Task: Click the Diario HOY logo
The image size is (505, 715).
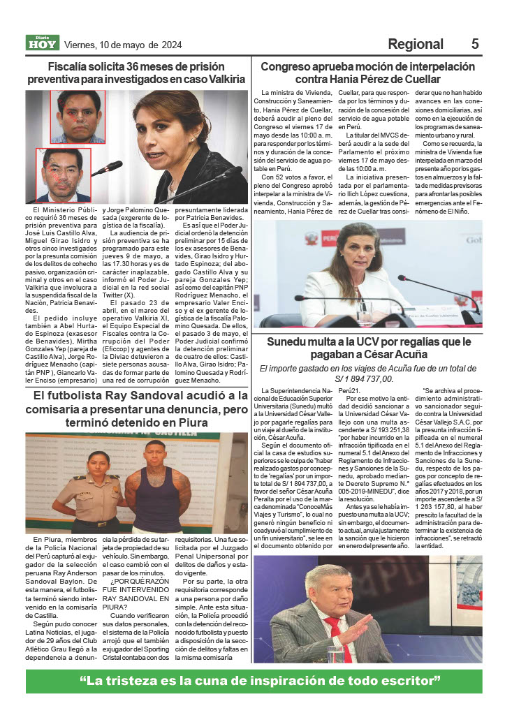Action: (42, 43)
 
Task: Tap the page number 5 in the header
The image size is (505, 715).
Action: (475, 44)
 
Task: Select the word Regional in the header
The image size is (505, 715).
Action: (415, 44)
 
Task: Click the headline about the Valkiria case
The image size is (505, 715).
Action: (136, 73)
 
